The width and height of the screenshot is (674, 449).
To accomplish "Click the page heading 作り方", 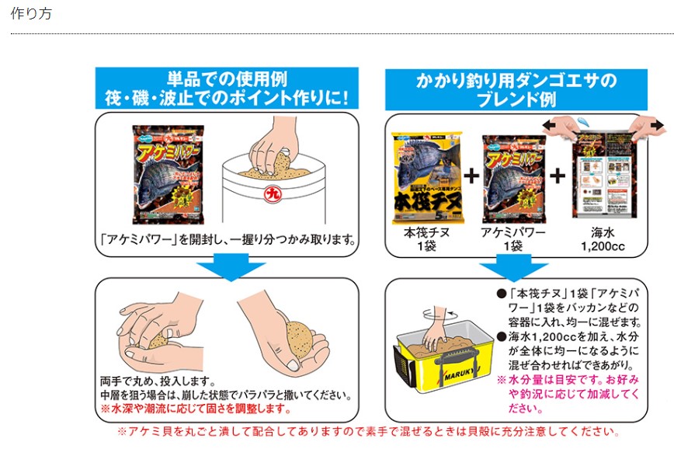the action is (31, 15).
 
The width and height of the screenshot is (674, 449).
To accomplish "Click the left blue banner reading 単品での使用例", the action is (227, 88).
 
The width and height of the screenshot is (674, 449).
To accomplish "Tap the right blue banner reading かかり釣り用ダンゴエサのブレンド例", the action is (516, 89).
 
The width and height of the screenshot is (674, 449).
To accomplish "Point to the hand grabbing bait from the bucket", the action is (271, 148).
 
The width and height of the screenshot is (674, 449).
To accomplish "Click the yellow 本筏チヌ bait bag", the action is (426, 178).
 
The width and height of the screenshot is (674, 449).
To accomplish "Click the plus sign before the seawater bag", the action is (557, 176).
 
